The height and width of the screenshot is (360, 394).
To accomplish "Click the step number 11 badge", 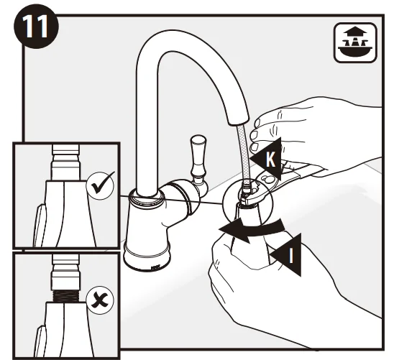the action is [36, 26].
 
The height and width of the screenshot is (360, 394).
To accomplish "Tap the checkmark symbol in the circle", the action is [102, 185].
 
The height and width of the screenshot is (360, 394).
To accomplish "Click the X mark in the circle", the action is [100, 300].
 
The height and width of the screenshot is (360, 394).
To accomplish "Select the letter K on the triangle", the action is [270, 160].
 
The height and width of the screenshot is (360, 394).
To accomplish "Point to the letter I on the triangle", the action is [291, 254].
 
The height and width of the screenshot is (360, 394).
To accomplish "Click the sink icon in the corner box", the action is [355, 42].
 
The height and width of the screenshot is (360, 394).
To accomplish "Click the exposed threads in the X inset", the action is [66, 297].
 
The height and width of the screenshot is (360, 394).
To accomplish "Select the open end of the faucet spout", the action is [238, 121].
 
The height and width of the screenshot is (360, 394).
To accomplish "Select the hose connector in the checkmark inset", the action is [66, 162].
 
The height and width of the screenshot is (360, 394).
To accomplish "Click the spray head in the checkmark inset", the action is [66, 213].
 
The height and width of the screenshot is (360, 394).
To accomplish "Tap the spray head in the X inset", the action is [66, 330].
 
